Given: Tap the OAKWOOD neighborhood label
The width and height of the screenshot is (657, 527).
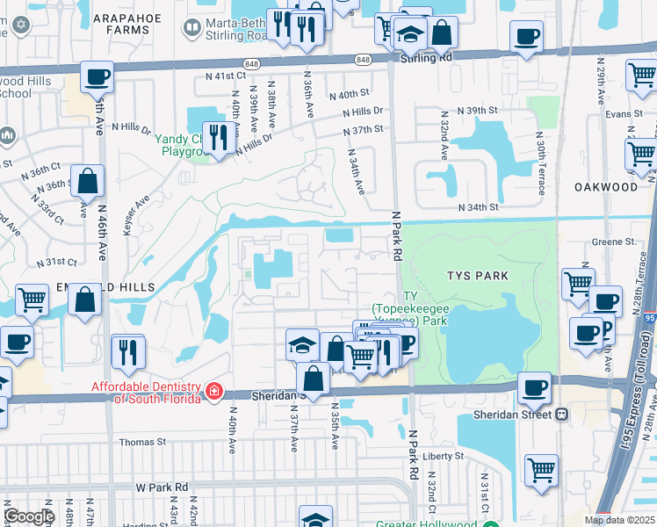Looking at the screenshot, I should [606, 187].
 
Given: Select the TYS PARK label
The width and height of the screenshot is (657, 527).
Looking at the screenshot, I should [479, 276].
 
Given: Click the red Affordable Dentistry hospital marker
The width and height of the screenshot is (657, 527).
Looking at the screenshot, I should [213, 390].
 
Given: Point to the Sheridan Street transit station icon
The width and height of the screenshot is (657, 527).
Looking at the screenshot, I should [561, 414].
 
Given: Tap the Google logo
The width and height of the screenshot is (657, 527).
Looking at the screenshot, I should [29, 516].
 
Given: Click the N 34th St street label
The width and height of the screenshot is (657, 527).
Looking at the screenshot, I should [479, 207].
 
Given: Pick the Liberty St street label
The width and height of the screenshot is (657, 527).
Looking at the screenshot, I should [443, 456].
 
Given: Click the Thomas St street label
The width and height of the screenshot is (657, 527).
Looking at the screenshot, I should [142, 443].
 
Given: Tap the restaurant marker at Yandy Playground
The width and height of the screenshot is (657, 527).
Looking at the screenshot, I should [220, 137].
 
